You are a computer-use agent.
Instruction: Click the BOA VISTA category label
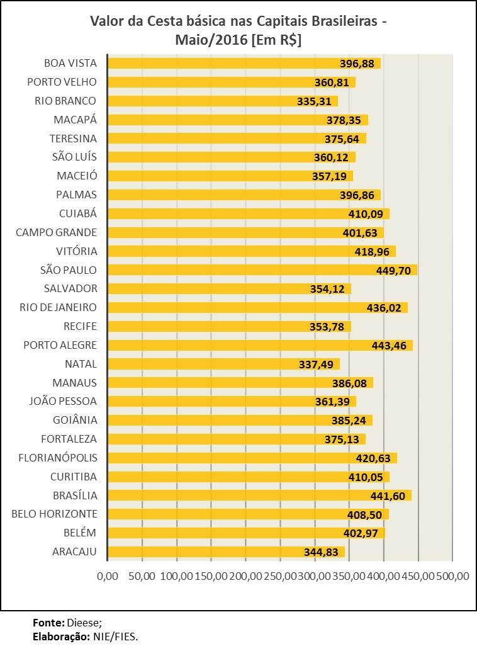coord(70,63)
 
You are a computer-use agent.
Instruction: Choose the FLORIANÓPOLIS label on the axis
coord(58,458)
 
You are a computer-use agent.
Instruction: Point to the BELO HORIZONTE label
coord(55,514)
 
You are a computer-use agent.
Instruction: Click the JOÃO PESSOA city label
coord(64,401)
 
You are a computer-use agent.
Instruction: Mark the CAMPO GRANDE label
coord(57,232)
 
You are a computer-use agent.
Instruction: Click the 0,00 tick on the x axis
coord(108,576)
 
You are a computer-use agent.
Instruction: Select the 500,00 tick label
coord(453,576)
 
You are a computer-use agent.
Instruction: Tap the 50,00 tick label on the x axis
coord(142,576)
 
